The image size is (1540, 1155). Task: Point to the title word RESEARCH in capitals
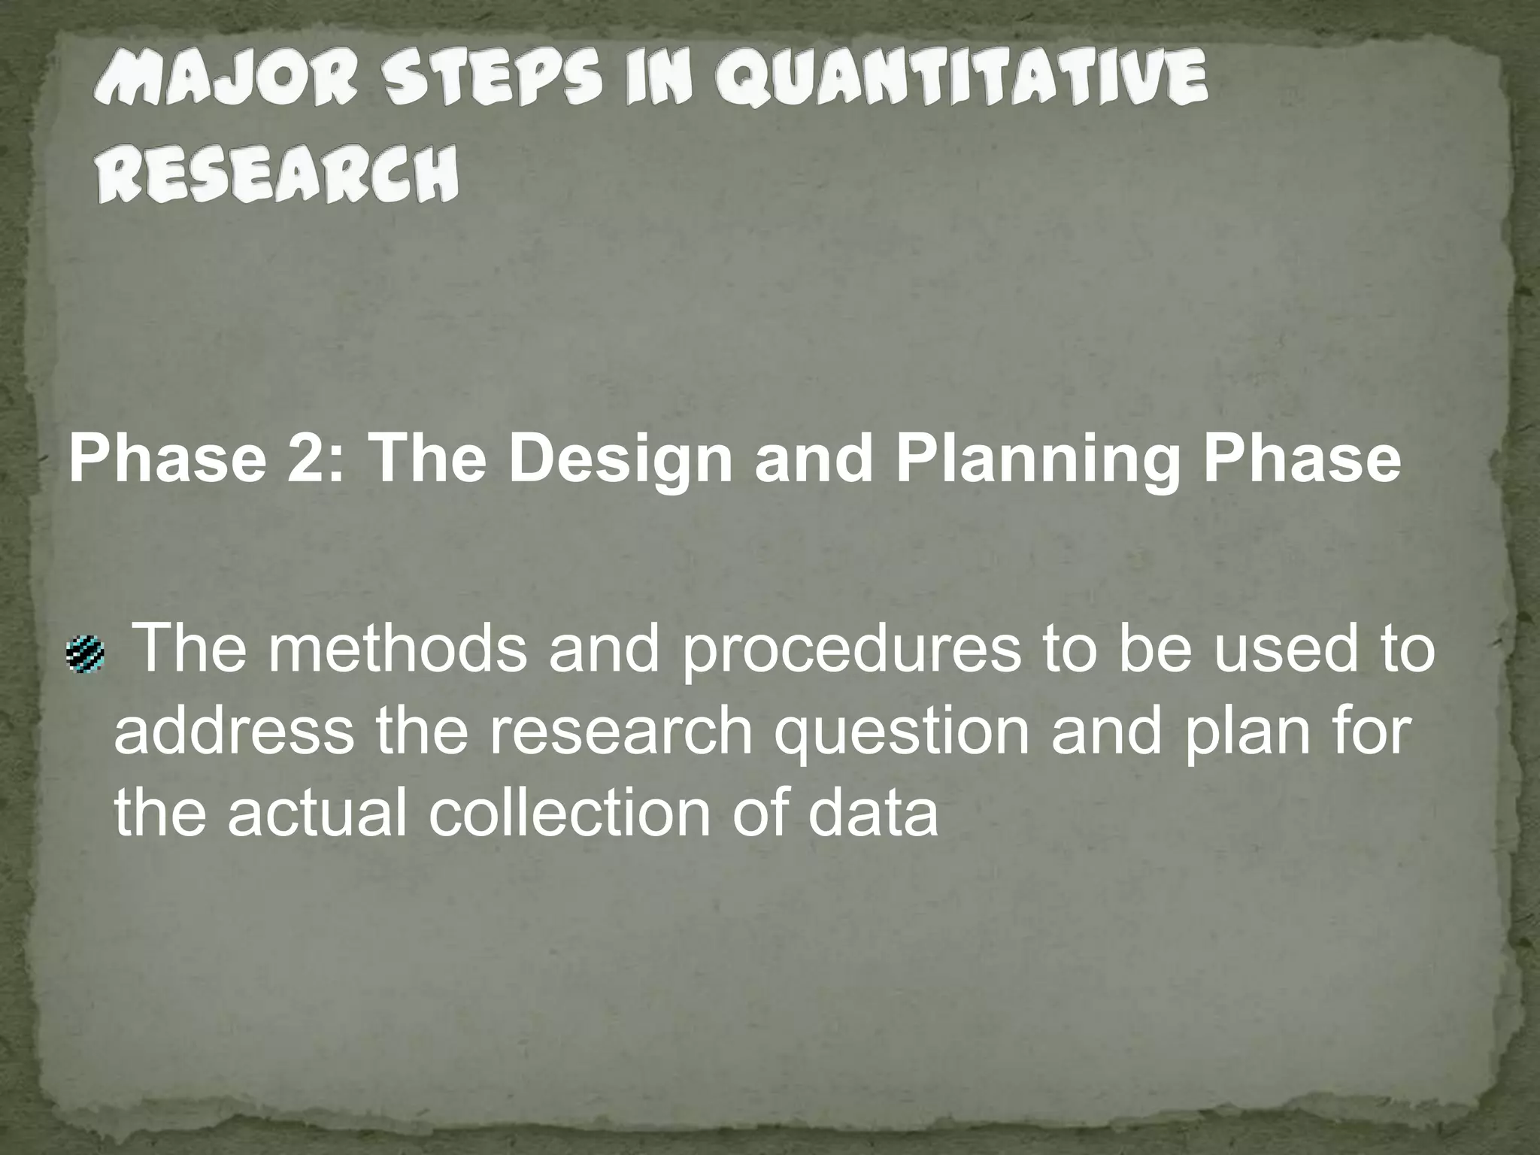pos(277,174)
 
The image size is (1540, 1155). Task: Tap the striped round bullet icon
pos(85,653)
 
